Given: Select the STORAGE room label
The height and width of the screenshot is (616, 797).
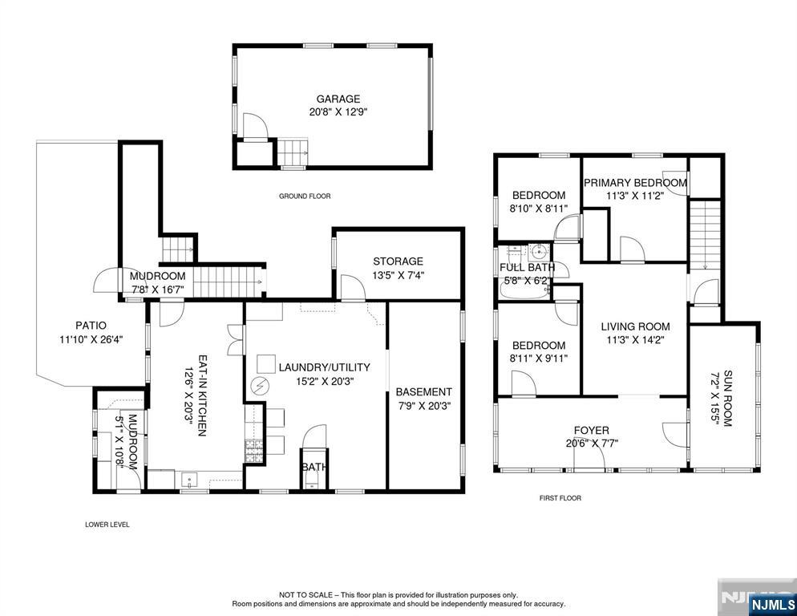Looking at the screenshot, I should point(398,261).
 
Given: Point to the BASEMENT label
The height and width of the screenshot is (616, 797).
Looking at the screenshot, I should point(423,392).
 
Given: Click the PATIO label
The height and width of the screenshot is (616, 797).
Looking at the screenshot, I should point(91,326).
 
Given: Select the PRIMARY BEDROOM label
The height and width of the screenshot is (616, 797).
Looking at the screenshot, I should point(634,183).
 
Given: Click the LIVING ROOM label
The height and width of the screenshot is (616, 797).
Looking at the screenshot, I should point(635,326).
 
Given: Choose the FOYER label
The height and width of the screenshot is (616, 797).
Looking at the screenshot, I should point(591,431).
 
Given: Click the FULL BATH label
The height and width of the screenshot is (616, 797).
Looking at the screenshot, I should point(527,268).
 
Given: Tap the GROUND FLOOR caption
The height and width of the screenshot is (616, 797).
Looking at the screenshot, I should point(305,197).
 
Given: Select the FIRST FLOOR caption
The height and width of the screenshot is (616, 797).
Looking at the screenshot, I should point(560,498).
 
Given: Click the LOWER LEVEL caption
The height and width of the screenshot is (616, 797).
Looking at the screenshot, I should point(107,525).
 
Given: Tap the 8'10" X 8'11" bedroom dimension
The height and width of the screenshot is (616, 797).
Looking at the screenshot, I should point(539,209).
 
